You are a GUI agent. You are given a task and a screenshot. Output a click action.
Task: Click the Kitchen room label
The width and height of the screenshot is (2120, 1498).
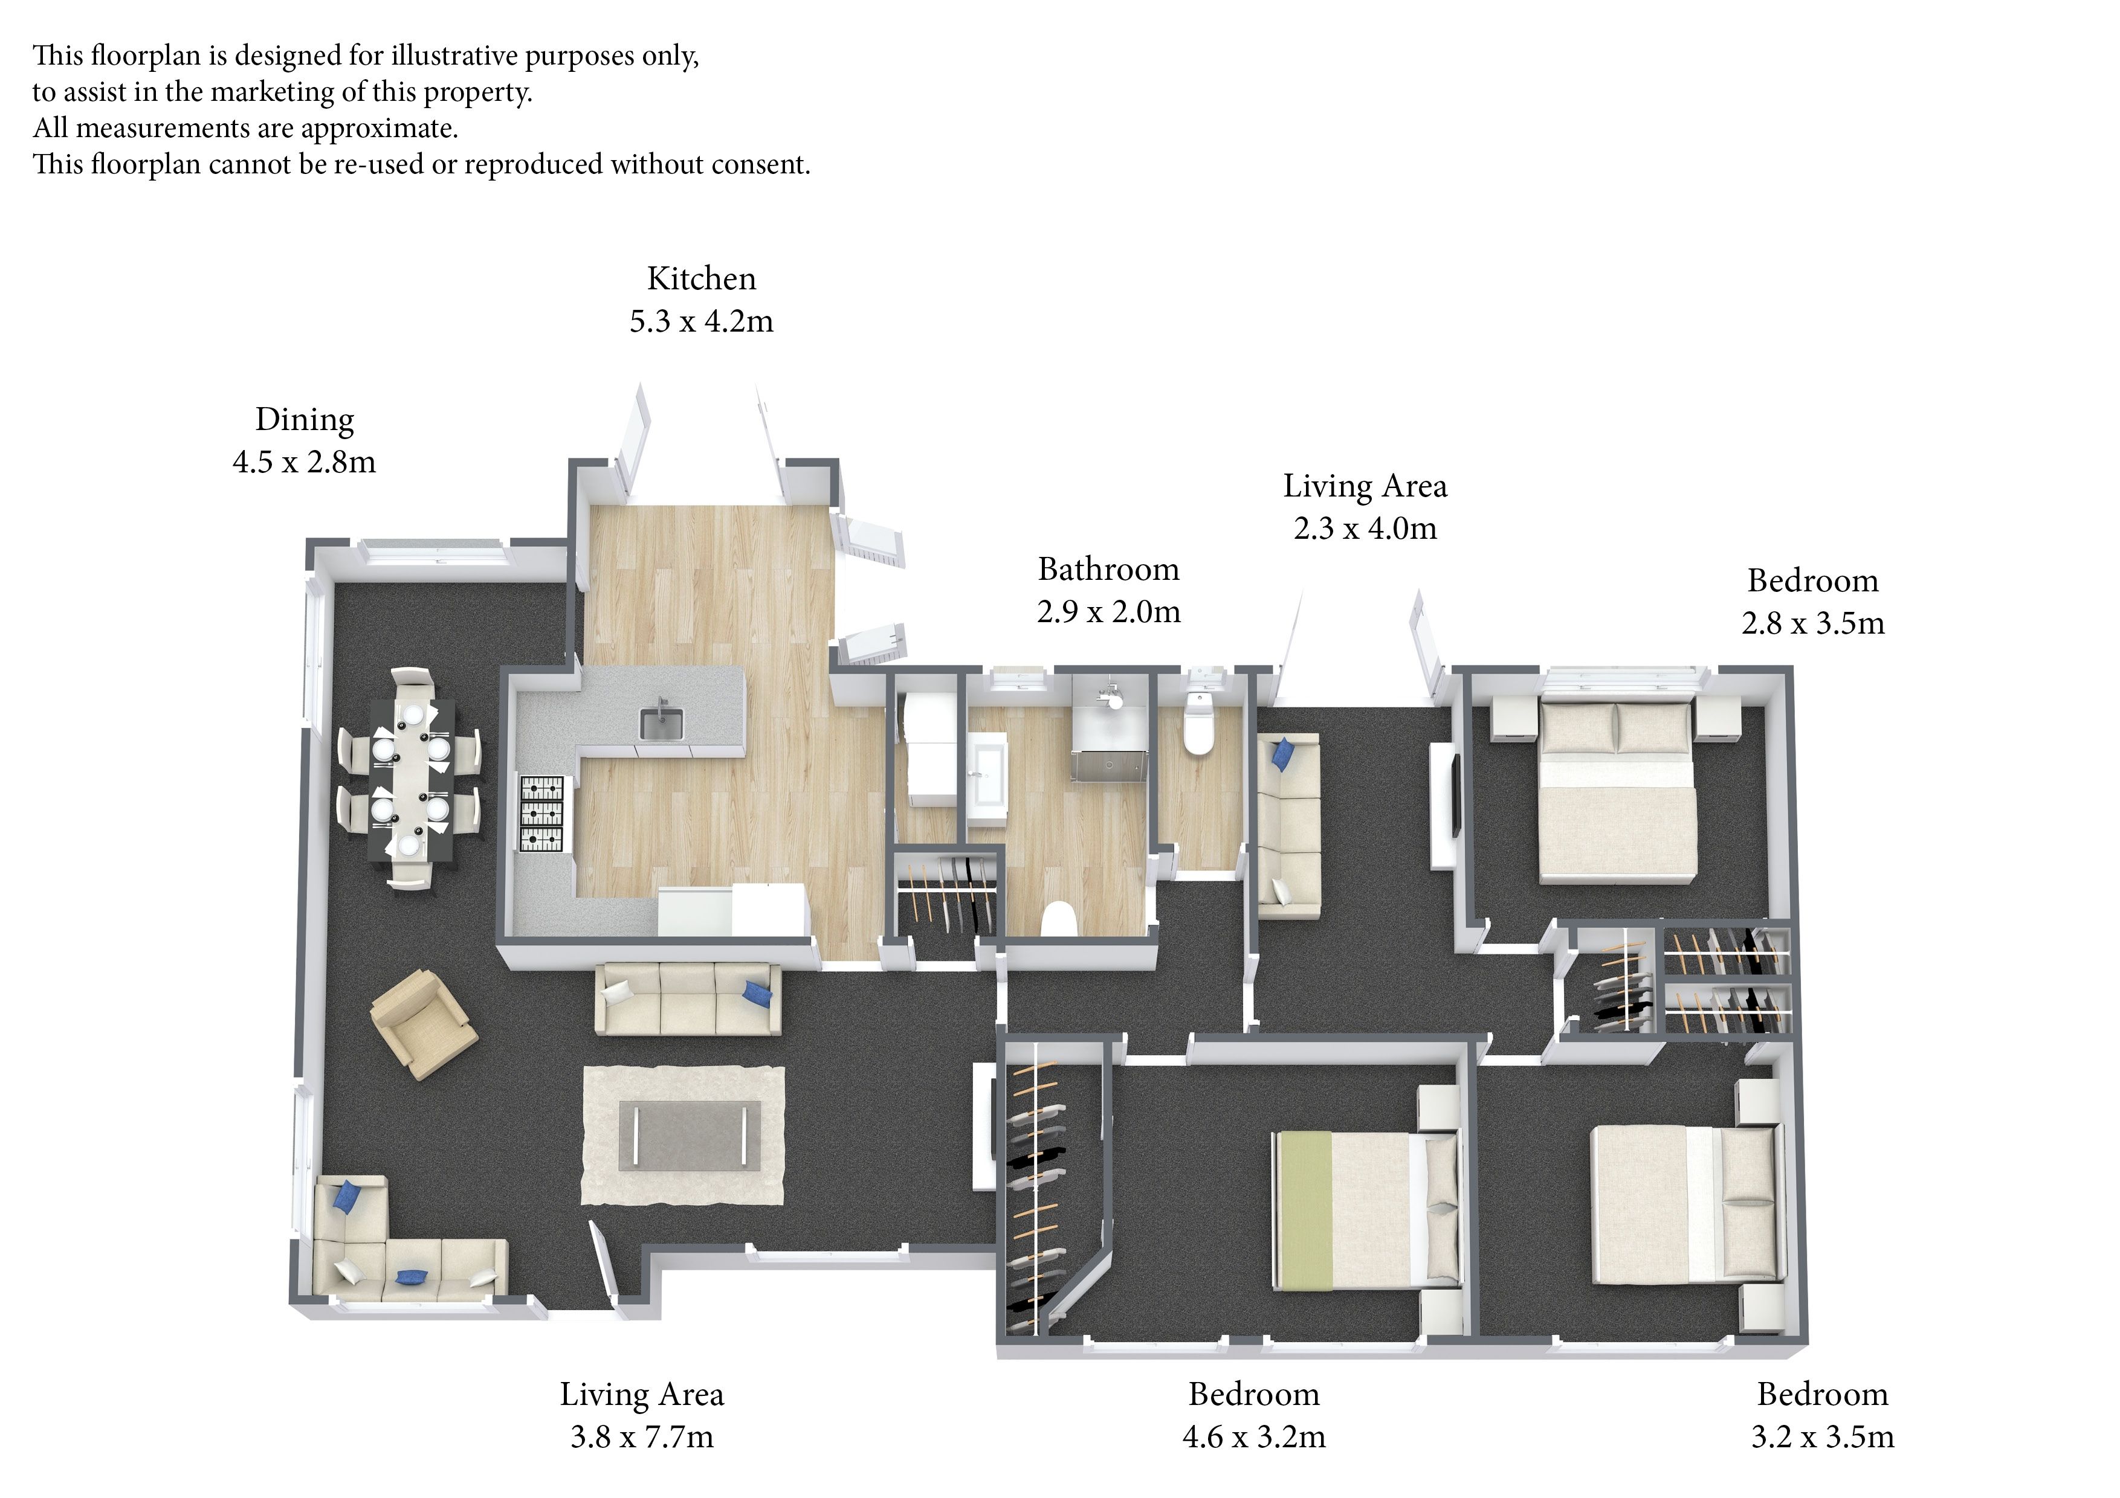click(x=701, y=278)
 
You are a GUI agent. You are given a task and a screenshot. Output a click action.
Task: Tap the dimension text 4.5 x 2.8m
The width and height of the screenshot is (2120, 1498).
click(x=305, y=461)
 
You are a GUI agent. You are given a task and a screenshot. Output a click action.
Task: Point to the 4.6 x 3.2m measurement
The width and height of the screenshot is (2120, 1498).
click(x=1254, y=1436)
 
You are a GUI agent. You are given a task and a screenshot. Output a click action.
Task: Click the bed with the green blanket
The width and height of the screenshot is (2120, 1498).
click(x=1366, y=1209)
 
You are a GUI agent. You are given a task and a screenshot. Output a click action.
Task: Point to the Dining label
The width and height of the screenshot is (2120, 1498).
click(x=305, y=420)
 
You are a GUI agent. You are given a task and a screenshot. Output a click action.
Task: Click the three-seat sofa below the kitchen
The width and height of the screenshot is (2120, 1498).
click(x=688, y=998)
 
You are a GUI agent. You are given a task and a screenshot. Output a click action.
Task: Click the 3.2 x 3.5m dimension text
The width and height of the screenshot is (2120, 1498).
click(x=1823, y=1436)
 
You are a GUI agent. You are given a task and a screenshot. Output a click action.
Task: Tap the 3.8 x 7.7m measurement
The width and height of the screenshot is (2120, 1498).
click(x=642, y=1436)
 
